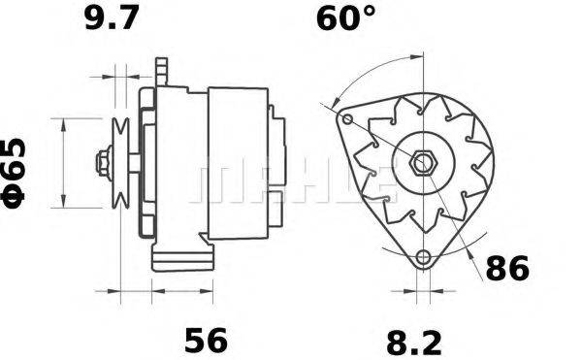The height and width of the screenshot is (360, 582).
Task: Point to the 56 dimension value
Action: pyautogui.click(x=205, y=340)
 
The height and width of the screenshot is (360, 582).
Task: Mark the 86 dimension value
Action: pyautogui.click(x=506, y=269)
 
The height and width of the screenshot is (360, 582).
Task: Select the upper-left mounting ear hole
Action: pyautogui.click(x=344, y=118)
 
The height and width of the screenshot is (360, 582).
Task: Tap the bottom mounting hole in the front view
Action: pyautogui.click(x=421, y=257)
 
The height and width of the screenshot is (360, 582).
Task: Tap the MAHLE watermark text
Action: pyautogui.click(x=291, y=181)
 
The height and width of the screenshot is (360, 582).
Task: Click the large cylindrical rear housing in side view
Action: pyautogui.click(x=238, y=160)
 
